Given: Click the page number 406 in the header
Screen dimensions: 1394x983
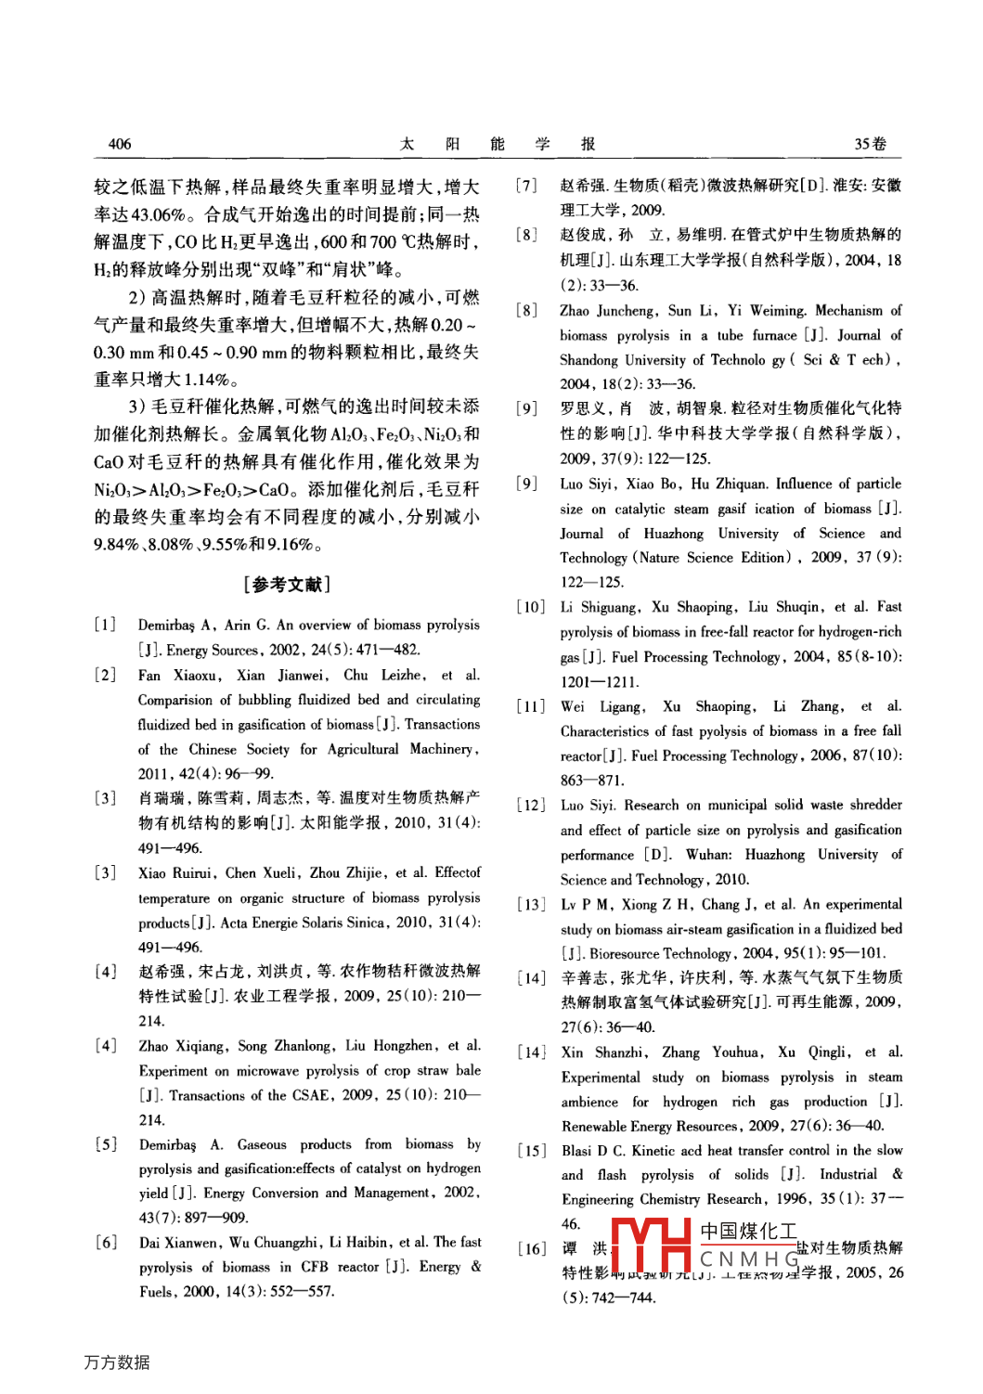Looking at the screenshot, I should click(x=120, y=144).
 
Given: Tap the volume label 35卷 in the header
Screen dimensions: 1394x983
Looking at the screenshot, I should click(x=870, y=144).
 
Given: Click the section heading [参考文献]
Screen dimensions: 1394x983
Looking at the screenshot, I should click(x=287, y=584).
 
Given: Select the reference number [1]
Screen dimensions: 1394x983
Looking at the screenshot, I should click(x=105, y=625).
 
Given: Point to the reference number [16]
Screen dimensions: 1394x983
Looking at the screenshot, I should click(x=532, y=1248).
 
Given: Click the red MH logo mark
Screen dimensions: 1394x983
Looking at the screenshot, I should click(x=651, y=1246).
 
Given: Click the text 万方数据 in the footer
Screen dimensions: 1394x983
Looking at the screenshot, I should click(x=116, y=1362).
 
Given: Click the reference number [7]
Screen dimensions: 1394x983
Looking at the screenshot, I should click(x=526, y=186).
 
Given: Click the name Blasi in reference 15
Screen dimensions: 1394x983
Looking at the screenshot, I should click(x=576, y=1150).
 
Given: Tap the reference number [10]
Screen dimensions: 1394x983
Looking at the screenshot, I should click(x=531, y=607).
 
